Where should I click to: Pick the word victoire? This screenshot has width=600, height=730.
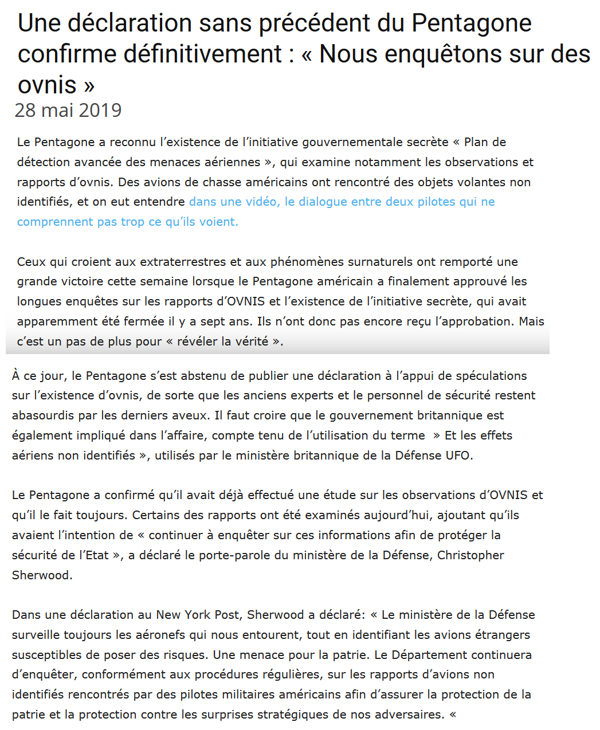pyautogui.click(x=85, y=281)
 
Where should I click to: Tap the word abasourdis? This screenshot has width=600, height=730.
pyautogui.click(x=48, y=415)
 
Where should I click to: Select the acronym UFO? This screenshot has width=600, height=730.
pyautogui.click(x=458, y=456)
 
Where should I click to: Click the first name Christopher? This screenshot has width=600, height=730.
pyautogui.click(x=470, y=555)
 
